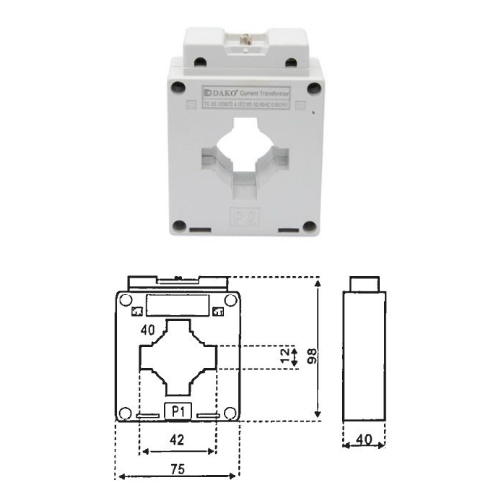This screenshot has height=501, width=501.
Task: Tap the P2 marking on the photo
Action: [243, 216]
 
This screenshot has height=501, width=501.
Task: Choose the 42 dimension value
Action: [177, 440]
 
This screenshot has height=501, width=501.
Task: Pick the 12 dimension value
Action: [286, 356]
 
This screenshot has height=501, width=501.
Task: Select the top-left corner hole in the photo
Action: [178, 88]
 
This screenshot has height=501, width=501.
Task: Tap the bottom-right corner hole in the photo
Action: [310, 226]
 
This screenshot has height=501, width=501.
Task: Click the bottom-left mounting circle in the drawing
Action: [125, 413]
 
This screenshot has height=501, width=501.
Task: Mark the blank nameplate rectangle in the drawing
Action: [177, 305]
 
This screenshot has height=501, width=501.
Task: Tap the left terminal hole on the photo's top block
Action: [200, 62]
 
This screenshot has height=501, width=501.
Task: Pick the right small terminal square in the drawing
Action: [218, 312]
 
